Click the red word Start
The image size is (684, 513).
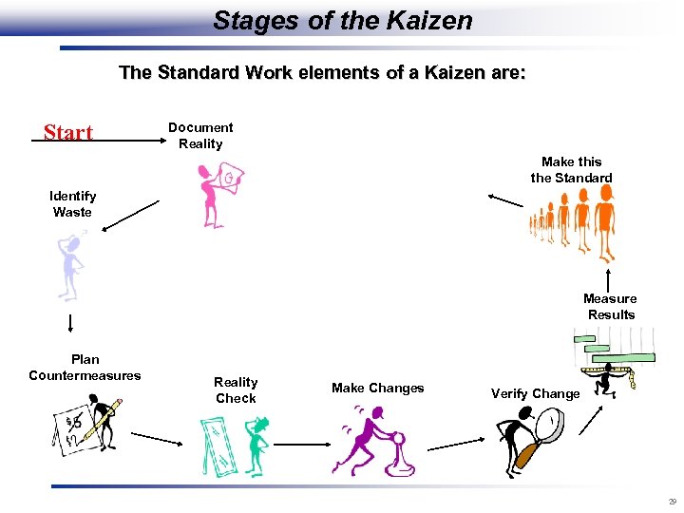point(68,132)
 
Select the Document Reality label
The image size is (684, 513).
point(200,136)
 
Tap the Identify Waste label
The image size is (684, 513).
point(72,204)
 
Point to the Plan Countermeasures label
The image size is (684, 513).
point(85,368)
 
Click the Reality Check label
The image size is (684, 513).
point(236,390)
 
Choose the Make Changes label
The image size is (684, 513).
point(377,388)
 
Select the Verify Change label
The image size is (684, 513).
point(535,393)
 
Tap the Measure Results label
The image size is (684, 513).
point(611,307)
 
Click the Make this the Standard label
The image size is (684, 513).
point(571,170)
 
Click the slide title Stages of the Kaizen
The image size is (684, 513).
point(342,21)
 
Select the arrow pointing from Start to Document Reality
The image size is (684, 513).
point(104,141)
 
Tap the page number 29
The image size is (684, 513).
point(671,502)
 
